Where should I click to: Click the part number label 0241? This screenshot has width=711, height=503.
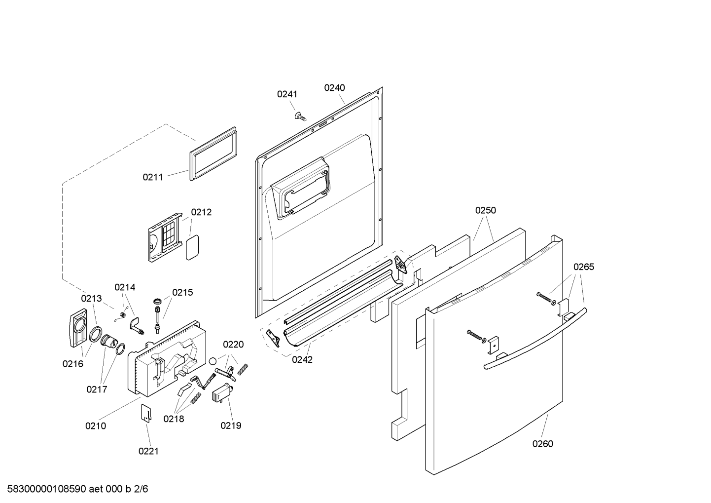pos(287,94)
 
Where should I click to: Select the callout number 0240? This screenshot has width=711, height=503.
pos(334,88)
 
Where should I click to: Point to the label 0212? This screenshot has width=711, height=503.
pos(201,212)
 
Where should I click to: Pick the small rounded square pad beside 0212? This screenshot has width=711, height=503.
pos(191,247)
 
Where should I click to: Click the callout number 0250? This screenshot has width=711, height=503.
pos(486,210)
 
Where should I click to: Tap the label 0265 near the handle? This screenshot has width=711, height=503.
pos(584,267)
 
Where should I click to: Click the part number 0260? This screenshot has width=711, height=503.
pos(543,444)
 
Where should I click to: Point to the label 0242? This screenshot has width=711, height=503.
pos(302,359)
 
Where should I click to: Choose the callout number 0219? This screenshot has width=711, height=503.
pos(231,426)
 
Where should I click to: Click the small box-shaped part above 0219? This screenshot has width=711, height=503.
pos(221,395)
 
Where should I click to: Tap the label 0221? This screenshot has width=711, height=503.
pos(148,451)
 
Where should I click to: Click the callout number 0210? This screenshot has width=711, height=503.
pos(96,426)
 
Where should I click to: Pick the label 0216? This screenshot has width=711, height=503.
pos(72,364)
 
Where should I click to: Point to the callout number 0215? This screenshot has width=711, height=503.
pos(182,292)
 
